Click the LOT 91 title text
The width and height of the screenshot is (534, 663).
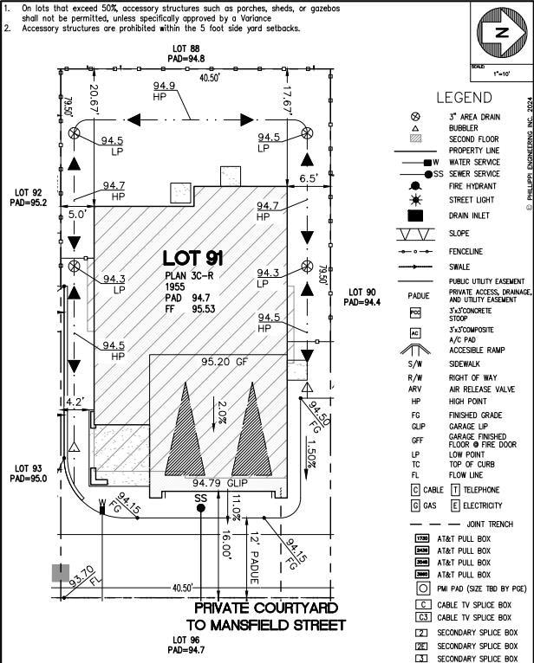[193, 258]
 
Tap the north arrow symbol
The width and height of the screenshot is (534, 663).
[500, 33]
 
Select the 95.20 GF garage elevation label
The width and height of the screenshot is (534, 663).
[225, 362]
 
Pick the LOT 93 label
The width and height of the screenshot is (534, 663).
[27, 473]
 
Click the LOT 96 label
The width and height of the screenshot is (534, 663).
[186, 645]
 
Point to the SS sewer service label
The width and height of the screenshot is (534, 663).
[201, 498]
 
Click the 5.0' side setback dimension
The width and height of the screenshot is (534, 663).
[77, 213]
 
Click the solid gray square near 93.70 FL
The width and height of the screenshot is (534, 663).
[60, 572]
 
